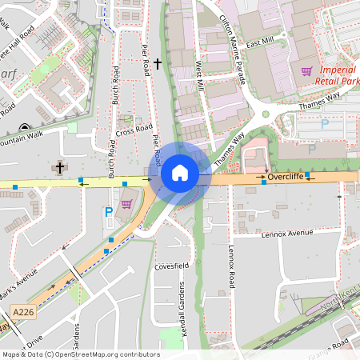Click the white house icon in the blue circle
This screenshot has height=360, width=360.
(x=180, y=173)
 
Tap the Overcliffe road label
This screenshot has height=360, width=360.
(x=286, y=176)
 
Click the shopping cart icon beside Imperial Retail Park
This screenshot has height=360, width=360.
(x=306, y=71)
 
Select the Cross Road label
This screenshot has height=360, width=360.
(x=134, y=130)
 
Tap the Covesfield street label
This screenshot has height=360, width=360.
(x=171, y=265)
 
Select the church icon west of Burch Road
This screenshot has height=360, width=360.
(x=59, y=167)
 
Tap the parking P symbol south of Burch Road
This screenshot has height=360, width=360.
(x=109, y=213)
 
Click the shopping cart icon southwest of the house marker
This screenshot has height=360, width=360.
(x=126, y=204)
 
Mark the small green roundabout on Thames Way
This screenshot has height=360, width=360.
(x=266, y=114)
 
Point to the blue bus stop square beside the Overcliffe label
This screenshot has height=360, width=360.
(x=264, y=183)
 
